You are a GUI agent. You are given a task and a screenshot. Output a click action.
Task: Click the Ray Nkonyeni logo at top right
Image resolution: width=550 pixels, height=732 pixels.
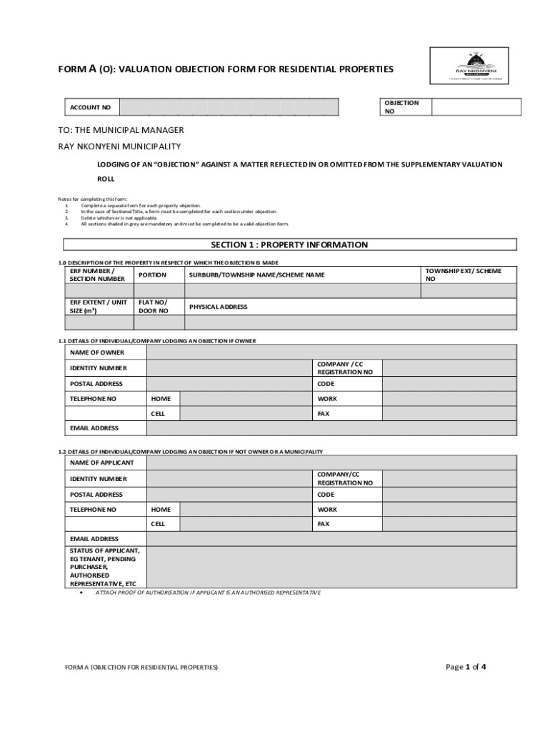click(469, 66)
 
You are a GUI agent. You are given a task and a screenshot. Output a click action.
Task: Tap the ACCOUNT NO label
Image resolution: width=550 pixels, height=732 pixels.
click(90, 107)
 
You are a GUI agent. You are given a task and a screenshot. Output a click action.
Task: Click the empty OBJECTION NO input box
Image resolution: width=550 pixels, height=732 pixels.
click(476, 107)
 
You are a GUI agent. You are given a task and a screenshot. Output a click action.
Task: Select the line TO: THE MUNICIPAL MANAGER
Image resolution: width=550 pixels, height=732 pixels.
click(121, 130)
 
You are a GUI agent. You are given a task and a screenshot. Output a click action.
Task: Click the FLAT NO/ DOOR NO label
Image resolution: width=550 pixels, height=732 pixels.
click(154, 307)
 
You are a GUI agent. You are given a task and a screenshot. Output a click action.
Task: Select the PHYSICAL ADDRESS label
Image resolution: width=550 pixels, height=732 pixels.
click(218, 307)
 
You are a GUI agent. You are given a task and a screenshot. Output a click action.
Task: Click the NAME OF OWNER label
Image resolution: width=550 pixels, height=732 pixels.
click(96, 352)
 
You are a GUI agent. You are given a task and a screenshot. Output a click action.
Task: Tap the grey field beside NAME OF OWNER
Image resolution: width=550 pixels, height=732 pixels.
click(331, 352)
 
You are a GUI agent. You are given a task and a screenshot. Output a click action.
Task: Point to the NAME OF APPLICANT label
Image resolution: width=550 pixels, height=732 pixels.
click(101, 463)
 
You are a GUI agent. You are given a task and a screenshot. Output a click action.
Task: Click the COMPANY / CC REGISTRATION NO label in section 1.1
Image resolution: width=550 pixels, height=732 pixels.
click(345, 368)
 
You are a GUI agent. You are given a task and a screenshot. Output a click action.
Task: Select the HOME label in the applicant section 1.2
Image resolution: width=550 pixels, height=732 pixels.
click(161, 510)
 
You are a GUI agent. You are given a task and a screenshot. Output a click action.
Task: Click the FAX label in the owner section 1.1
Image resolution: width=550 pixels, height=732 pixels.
click(324, 413)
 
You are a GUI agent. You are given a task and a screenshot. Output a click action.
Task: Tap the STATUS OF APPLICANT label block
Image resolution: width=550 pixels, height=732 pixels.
click(104, 567)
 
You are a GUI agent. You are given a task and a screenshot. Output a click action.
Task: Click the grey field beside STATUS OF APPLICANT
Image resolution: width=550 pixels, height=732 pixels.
click(331, 567)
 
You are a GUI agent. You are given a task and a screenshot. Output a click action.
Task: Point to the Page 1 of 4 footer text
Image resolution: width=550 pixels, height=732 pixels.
click(466, 667)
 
